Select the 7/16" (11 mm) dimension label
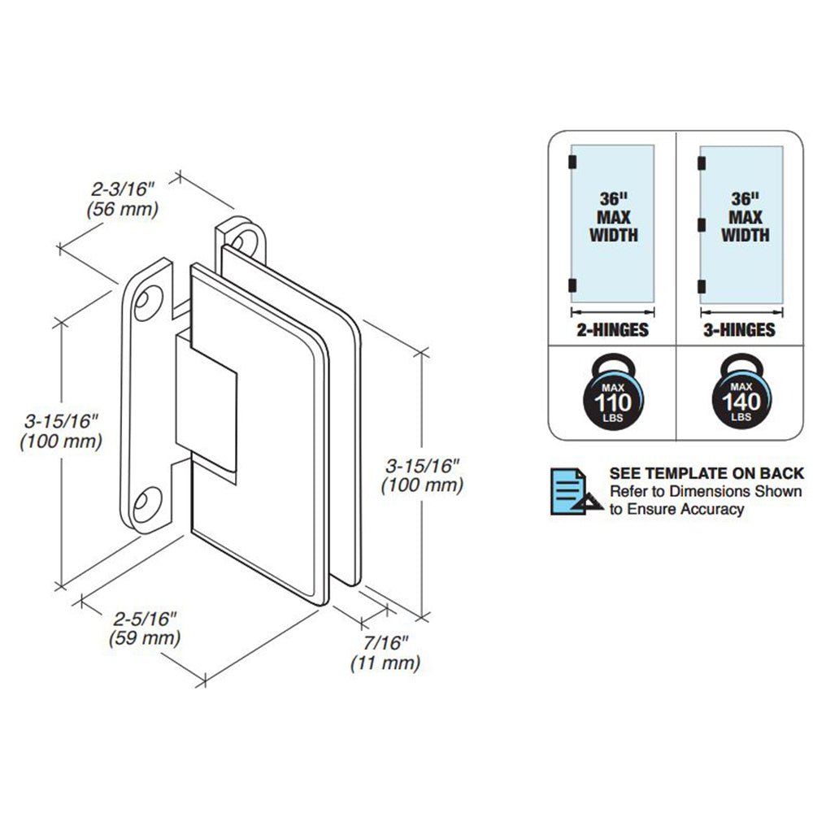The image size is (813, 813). [385, 653]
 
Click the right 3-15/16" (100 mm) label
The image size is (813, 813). [422, 476]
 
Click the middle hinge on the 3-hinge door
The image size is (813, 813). [699, 222]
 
